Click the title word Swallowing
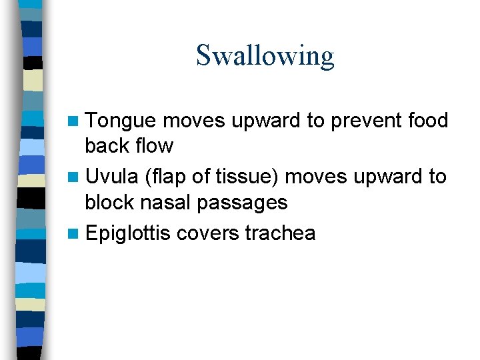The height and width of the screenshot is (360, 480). (265, 56)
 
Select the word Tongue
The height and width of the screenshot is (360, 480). (121, 121)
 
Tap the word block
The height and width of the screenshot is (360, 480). (110, 202)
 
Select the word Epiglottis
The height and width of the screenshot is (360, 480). (128, 234)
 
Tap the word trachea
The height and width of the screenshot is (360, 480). (280, 234)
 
